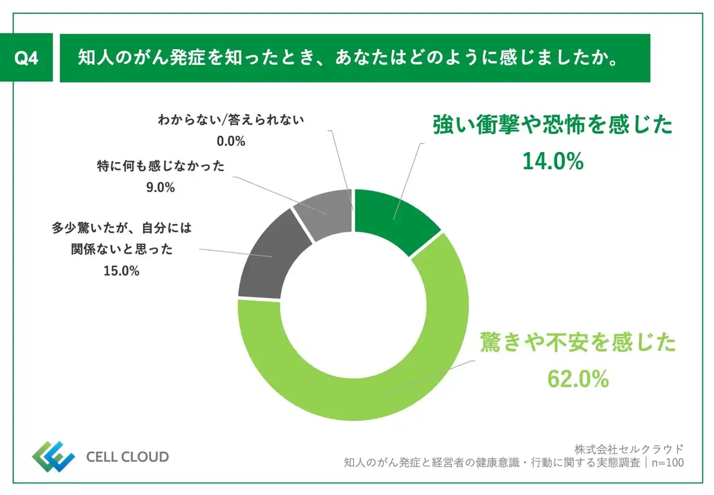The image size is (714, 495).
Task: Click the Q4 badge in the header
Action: pos(26,58)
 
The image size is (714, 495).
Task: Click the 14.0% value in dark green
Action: pos(553,161)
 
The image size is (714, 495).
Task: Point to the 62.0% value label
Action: pos(577,379)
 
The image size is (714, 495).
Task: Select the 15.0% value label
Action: pos(121,271)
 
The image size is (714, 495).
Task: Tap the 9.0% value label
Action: pos(160,188)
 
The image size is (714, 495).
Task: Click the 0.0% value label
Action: pos(231,141)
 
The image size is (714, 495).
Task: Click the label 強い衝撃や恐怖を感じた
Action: pos(553,126)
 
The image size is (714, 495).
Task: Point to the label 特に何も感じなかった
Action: pos(160,166)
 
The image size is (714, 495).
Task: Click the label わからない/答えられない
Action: pos(231,120)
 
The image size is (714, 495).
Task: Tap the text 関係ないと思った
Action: pos(121,250)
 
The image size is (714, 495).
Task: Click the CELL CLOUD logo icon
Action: pos(52,456)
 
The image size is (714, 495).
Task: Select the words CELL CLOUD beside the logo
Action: pos(127,457)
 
